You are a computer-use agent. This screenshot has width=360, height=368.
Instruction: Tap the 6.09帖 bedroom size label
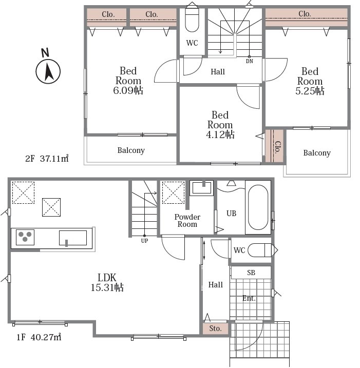(x=128, y=90)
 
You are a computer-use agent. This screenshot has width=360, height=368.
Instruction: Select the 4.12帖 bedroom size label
(x=220, y=134)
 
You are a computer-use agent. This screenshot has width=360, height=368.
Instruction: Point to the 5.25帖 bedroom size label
(x=310, y=91)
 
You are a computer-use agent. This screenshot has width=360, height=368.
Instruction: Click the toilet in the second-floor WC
(x=192, y=20)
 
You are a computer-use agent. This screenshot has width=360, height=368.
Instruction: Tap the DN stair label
(x=250, y=61)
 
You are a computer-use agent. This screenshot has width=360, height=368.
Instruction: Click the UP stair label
(x=145, y=241)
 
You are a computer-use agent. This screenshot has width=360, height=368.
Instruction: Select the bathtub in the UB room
(x=258, y=207)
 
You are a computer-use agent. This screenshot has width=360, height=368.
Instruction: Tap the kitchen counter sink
(x=73, y=238)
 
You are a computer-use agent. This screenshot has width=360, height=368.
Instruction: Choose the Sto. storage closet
(x=215, y=328)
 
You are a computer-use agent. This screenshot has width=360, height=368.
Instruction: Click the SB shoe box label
(x=251, y=273)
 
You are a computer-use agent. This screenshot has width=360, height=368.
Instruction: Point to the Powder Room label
(x=187, y=221)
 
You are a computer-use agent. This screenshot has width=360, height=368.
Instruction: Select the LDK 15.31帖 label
(x=107, y=283)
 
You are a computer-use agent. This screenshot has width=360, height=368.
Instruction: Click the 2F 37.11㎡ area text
(x=47, y=159)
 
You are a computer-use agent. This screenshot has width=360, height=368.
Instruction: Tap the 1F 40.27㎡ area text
(x=39, y=337)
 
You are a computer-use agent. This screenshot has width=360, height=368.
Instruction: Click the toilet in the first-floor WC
(x=261, y=250)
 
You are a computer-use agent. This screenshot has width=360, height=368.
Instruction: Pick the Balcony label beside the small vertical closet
(x=317, y=153)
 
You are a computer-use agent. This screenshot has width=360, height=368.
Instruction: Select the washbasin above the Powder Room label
(x=201, y=188)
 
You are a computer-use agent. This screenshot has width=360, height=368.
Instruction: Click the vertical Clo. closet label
(x=277, y=147)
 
